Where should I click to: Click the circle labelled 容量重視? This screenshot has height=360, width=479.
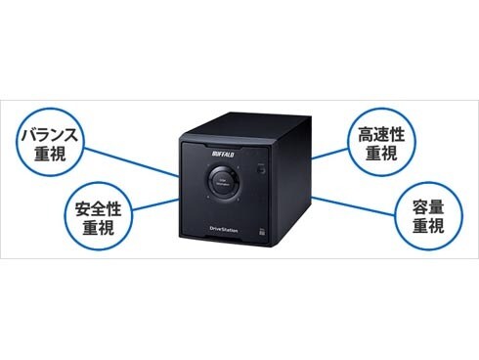click(428, 215)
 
